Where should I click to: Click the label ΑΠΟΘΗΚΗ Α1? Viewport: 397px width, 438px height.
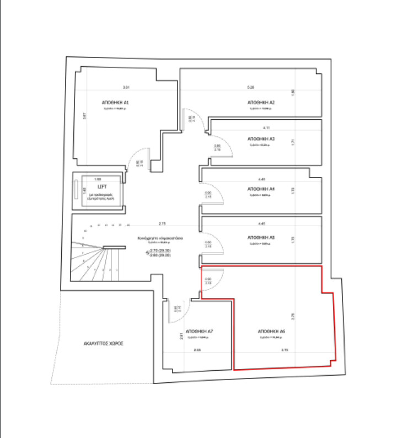tap(115, 103)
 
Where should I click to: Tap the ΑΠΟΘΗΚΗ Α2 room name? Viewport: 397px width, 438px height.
tap(261, 103)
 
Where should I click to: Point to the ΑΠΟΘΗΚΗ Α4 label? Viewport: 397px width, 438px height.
tap(261, 189)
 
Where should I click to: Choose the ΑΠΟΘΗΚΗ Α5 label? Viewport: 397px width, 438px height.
tap(261, 238)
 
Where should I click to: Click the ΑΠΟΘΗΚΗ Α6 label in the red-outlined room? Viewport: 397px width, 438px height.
tap(271, 332)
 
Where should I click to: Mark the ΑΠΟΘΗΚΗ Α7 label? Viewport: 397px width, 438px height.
tap(200, 332)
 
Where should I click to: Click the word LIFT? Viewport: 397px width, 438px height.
tap(101, 187)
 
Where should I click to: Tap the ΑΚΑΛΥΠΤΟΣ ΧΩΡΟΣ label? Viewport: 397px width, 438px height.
tap(103, 343)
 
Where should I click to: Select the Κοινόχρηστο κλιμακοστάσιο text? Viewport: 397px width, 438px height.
tap(160, 238)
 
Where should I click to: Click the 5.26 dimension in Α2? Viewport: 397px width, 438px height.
tap(251, 88)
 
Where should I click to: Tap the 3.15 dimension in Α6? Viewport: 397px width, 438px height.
tap(285, 350)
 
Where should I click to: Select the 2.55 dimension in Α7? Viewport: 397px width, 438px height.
tap(197, 350)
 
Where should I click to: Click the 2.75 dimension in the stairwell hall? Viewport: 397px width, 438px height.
tap(163, 223)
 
